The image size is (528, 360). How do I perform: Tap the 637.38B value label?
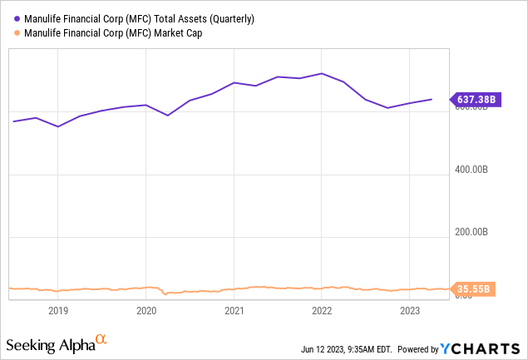tap(476, 100)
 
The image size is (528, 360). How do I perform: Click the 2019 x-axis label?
tap(57, 312)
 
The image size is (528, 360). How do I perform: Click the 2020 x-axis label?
tap(146, 312)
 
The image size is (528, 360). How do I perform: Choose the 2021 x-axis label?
tap(234, 312)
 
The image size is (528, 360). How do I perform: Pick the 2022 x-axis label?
tap(322, 312)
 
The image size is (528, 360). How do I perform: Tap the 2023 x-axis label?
tap(410, 312)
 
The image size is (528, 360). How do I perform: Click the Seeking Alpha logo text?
tap(49, 344)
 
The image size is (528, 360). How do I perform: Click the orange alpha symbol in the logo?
tap(101, 339)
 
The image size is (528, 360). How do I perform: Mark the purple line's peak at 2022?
tap(322, 73)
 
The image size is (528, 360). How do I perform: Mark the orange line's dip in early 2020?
tap(166, 293)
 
